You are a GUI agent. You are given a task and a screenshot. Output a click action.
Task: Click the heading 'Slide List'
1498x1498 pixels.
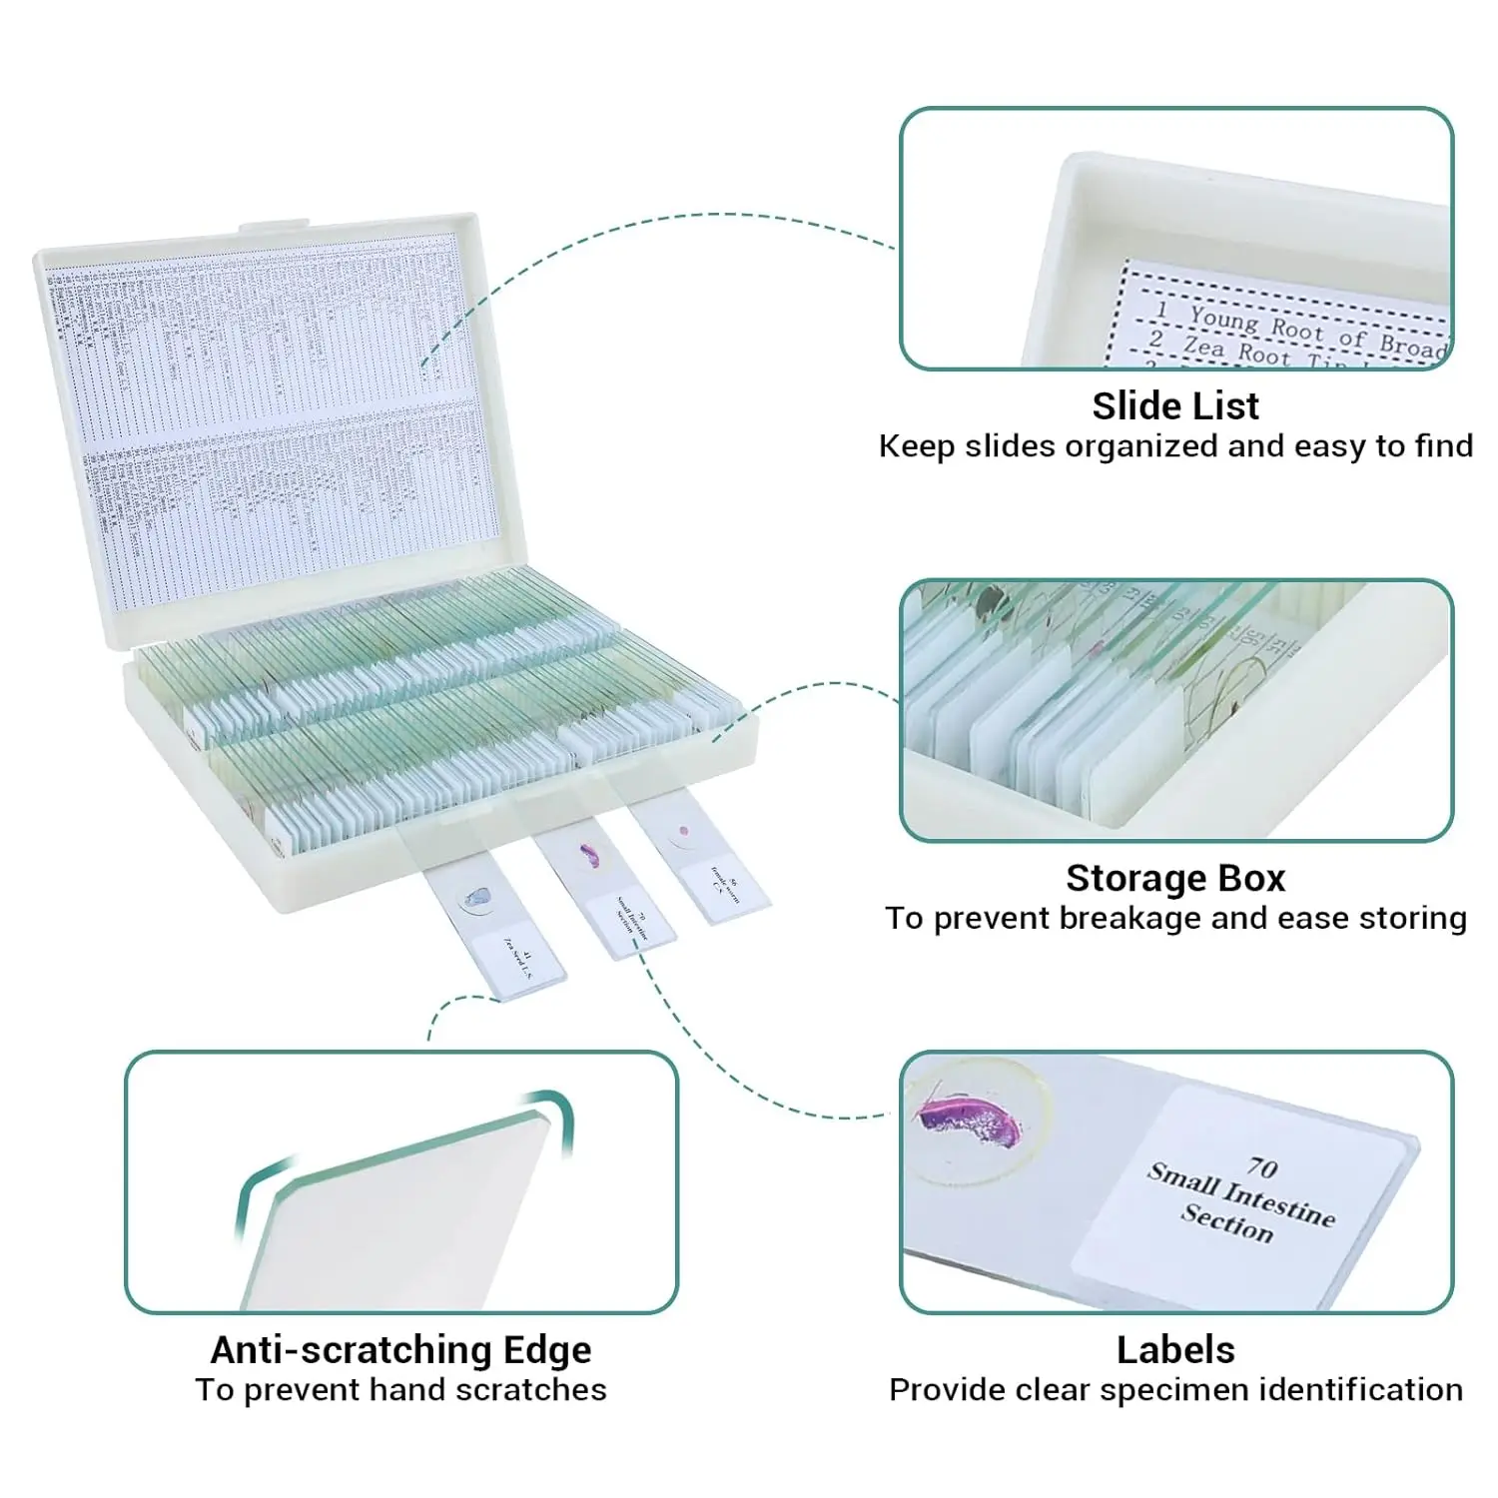pos(1175,405)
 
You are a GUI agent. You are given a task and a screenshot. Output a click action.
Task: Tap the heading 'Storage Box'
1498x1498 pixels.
pos(1175,878)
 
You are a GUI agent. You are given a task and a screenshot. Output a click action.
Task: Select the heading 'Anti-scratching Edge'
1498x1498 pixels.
pos(400,1349)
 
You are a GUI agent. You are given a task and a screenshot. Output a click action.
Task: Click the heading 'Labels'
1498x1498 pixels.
pos(1175,1349)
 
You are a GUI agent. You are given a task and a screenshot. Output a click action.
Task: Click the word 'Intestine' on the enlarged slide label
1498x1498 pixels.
pos(1279,1203)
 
